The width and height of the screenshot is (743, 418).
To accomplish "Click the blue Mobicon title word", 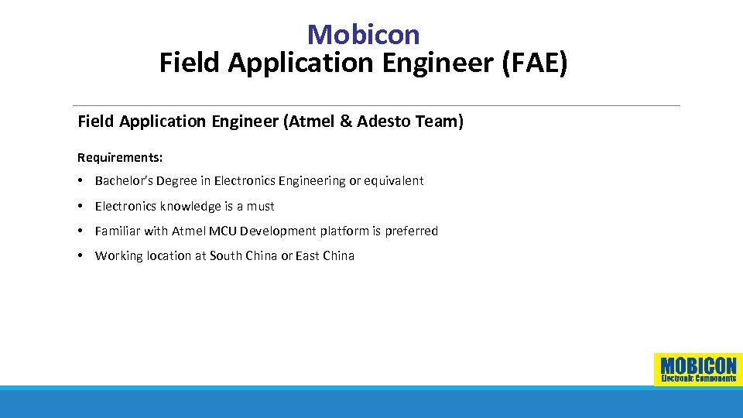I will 363,34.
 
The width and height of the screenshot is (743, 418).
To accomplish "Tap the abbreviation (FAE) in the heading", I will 534,63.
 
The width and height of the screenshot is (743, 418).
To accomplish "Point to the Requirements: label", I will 120,157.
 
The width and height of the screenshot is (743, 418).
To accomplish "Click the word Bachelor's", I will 124,181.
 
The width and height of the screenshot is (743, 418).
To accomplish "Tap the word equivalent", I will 395,181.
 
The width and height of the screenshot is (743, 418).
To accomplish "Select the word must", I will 260,206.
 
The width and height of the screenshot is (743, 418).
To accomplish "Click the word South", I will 226,255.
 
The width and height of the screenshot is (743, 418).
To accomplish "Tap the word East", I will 308,255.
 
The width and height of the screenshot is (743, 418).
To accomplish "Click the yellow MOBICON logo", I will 698,369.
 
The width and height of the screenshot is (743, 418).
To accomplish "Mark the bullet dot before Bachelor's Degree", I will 81,181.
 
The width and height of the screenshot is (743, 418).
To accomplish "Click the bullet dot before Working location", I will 81,255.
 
